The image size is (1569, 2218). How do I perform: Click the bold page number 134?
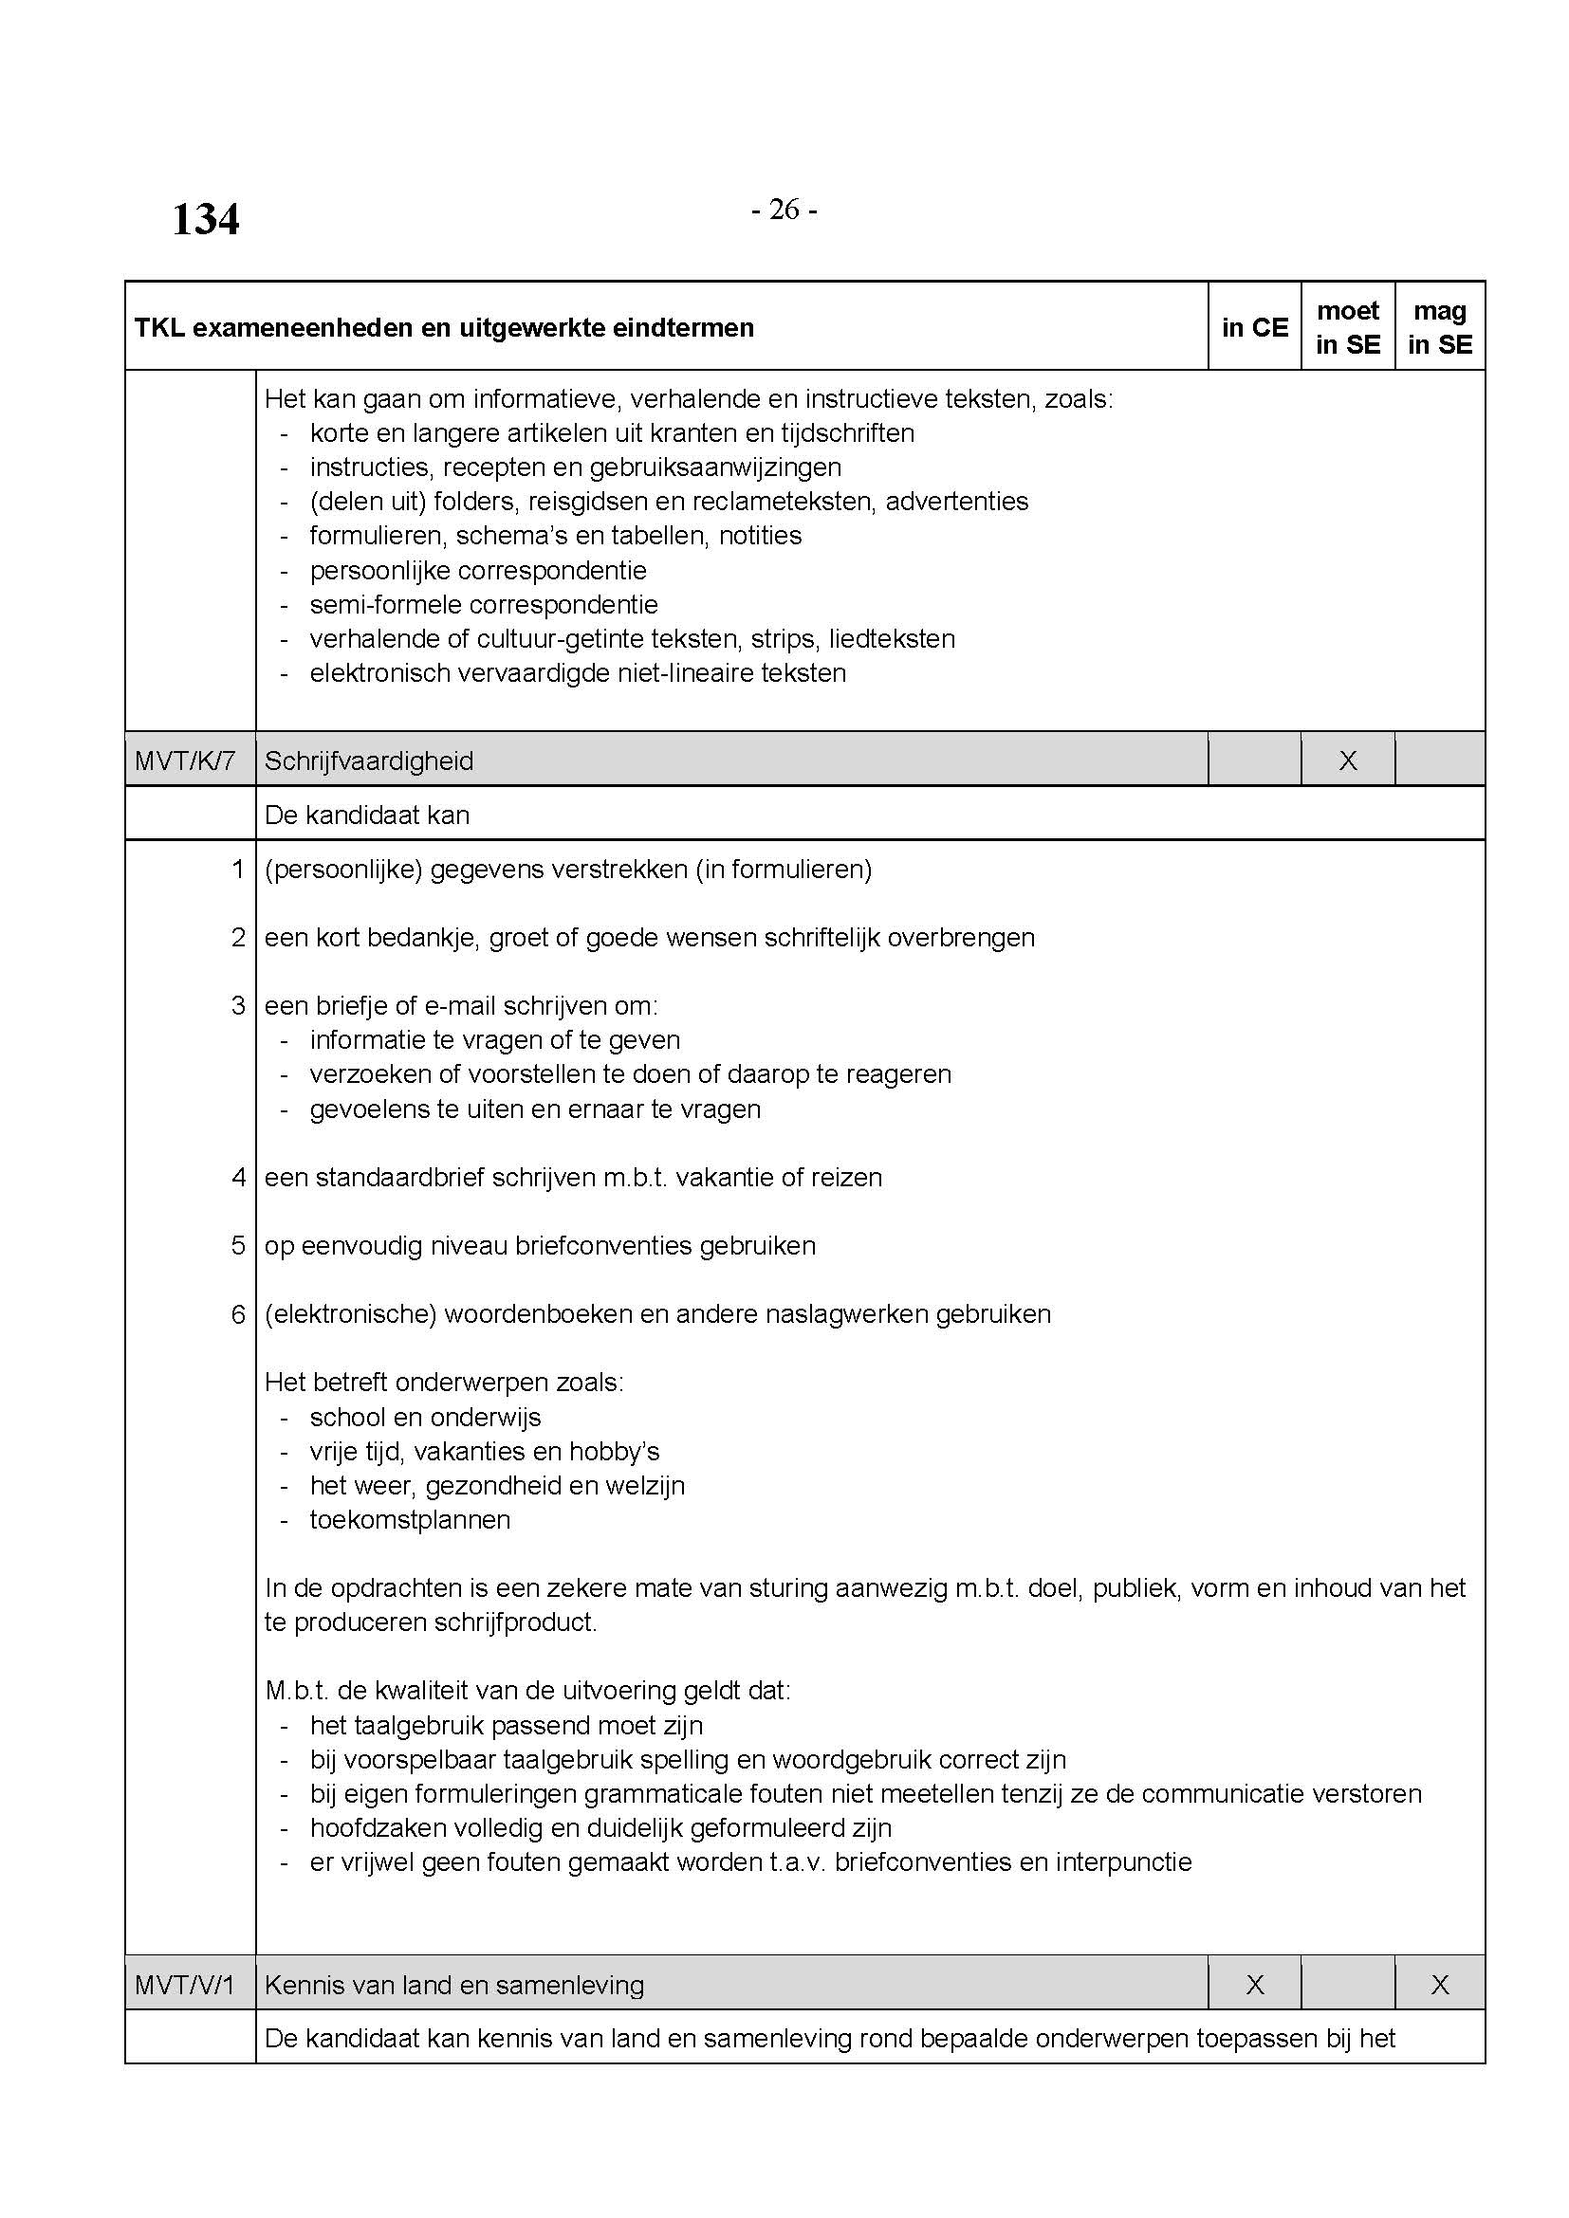click(205, 219)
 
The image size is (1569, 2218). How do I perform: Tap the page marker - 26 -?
click(784, 210)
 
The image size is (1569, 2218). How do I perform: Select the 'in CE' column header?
click(1254, 327)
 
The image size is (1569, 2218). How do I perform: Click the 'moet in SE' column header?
click(1348, 327)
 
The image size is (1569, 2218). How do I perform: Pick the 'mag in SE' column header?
click(1440, 327)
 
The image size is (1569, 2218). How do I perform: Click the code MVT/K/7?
click(185, 761)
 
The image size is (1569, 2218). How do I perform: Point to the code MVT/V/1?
click(185, 1985)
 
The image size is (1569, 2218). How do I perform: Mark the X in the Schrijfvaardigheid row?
click(1348, 761)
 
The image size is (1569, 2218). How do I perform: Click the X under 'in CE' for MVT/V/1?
click(1254, 1985)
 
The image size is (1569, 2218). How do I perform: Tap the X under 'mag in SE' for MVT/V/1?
click(1440, 1985)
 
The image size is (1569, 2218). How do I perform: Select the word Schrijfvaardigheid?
click(369, 761)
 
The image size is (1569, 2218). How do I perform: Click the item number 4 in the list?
click(239, 1178)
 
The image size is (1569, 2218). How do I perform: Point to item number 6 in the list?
click(239, 1314)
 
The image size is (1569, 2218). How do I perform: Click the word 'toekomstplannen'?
click(410, 1520)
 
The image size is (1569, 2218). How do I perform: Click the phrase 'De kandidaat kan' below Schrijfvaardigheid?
click(367, 816)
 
